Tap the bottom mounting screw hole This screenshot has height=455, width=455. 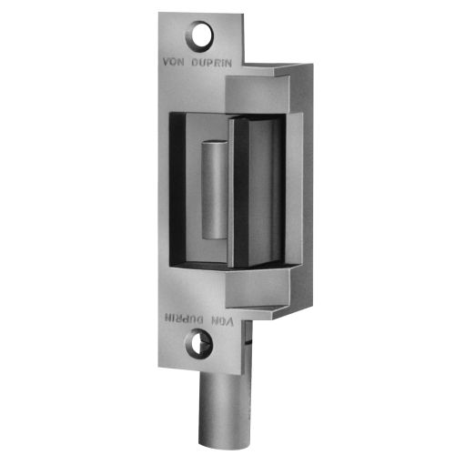tap(200, 343)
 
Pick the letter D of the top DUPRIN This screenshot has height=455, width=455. tap(196, 62)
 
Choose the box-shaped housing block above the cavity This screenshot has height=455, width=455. tap(259, 91)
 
